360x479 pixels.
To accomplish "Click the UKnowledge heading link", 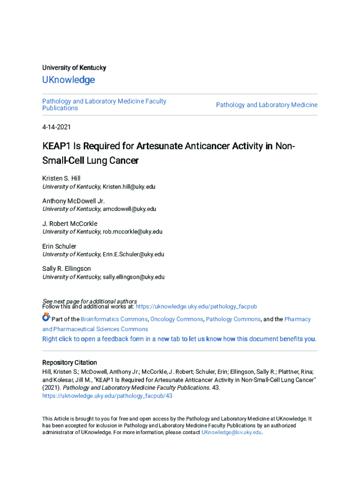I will coord(68,80).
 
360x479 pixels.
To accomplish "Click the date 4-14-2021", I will coord(56,127).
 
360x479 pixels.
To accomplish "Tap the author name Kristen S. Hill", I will coord(61,178).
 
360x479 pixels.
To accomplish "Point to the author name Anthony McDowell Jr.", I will coord(70,201).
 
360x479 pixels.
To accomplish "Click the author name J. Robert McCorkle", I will coord(70,224).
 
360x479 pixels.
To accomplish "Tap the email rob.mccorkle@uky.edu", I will coord(133,232).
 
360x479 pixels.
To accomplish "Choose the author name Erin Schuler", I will coord(59,246).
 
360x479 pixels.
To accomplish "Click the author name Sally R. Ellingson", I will coord(66,269).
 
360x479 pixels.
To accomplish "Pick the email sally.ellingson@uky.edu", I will coord(134,277).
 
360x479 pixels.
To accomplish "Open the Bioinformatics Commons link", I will coord(114,319).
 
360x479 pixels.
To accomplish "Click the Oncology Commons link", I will coord(177,319).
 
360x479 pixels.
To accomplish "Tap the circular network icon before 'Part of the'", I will coord(46,318).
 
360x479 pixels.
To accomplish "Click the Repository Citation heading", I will coord(70,363).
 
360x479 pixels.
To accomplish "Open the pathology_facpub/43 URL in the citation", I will coord(108,396).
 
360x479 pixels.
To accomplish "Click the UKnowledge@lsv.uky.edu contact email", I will coord(231,433).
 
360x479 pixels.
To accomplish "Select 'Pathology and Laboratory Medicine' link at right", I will coord(266,105).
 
